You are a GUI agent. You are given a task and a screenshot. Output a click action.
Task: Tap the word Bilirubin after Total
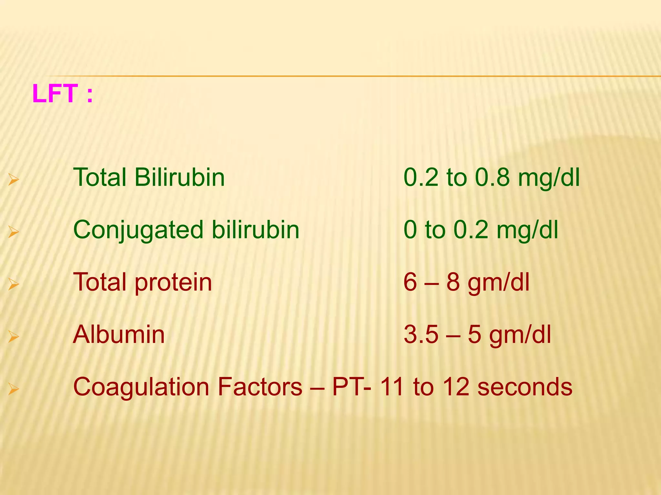pos(179,178)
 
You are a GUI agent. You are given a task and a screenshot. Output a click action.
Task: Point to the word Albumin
pos(119,335)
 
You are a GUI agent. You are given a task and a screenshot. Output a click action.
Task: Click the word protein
pos(173,283)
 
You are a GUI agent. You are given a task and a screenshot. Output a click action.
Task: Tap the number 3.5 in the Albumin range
pos(421,335)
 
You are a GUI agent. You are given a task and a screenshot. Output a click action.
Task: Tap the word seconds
pos(525,387)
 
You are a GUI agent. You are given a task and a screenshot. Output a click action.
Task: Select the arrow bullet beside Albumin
pos(14,336)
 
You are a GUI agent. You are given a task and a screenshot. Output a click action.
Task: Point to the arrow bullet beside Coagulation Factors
pos(14,389)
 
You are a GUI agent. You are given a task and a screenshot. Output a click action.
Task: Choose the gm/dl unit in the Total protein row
pos(499,283)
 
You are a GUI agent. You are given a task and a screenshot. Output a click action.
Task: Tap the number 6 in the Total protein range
pos(410,283)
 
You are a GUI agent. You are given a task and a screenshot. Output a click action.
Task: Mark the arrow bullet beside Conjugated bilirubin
pos(14,232)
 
